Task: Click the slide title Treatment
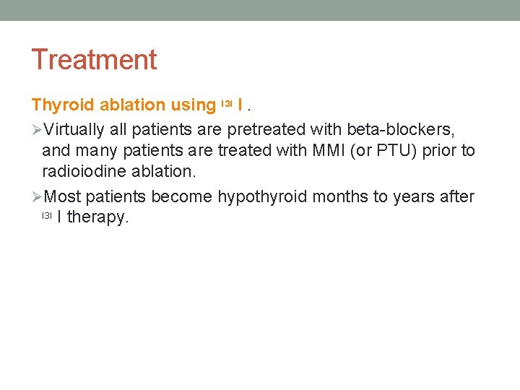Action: (94, 59)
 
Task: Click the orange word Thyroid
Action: (63, 105)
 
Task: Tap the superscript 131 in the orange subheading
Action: (226, 104)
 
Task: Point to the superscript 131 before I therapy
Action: (47, 215)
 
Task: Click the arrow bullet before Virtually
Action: (38, 130)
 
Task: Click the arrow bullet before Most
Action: (38, 197)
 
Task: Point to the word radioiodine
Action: (82, 172)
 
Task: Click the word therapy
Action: (97, 217)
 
